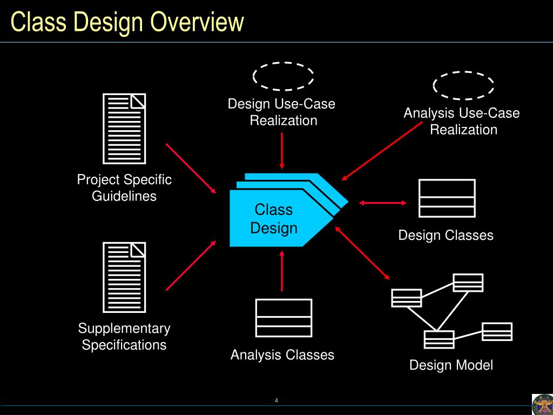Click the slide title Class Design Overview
click(127, 23)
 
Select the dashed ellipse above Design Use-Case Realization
click(283, 76)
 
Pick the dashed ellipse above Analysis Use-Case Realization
click(463, 85)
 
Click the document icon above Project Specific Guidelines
click(124, 129)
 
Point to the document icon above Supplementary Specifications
click(124, 277)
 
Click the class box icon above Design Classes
click(447, 198)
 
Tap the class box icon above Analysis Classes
click(284, 318)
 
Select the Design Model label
click(451, 365)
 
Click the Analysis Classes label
click(282, 355)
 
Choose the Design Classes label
click(446, 236)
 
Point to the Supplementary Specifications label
click(124, 337)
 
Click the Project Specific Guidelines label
click(124, 188)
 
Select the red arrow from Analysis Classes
click(281, 271)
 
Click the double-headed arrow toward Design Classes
click(383, 203)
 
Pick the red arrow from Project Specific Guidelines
click(191, 168)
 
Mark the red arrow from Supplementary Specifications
click(191, 265)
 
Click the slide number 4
click(276, 400)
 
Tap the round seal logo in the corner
click(542, 404)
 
